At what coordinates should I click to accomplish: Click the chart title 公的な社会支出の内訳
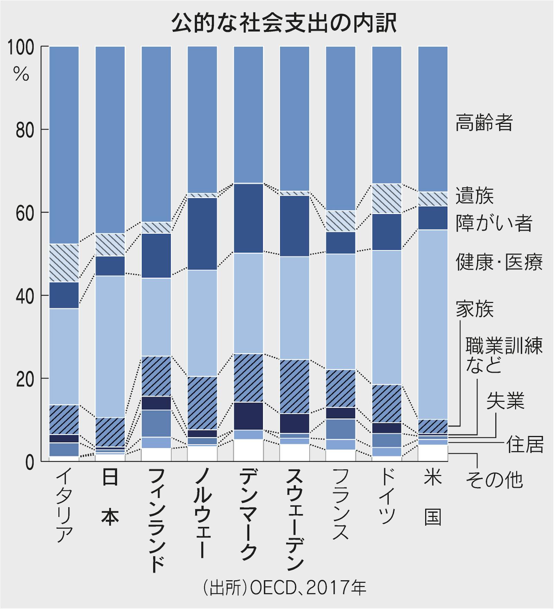point(284,24)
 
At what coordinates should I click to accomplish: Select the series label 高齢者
point(484,122)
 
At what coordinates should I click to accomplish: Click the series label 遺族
point(474,196)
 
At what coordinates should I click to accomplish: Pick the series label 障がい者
point(494,223)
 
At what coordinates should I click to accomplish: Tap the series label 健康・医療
point(499,262)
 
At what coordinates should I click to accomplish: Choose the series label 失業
point(505,401)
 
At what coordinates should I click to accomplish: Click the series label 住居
point(525,444)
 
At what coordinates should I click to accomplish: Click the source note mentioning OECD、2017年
point(284,588)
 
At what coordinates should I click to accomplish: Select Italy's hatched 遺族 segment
point(64,263)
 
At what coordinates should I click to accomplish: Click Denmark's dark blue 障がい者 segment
point(248,218)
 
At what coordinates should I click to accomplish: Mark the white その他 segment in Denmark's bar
point(248,450)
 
